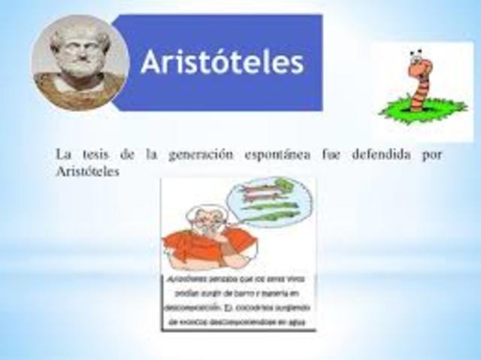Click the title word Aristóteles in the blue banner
click(x=222, y=62)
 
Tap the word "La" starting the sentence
click(x=63, y=155)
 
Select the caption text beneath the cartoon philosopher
click(x=237, y=301)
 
